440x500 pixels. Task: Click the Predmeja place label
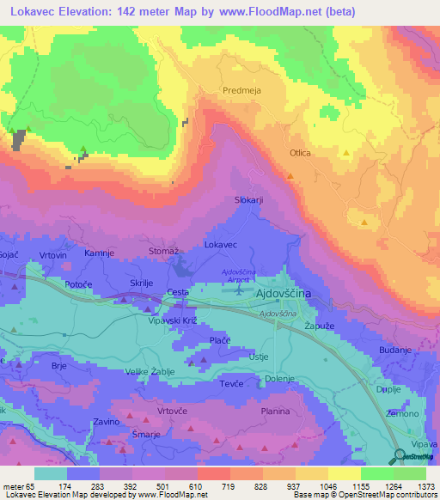click(241, 89)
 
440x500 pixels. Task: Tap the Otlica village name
click(300, 153)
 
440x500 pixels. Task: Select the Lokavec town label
click(220, 245)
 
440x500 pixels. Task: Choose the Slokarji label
click(248, 200)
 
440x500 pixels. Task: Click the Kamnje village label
click(99, 254)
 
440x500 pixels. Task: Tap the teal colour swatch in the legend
click(50, 473)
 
